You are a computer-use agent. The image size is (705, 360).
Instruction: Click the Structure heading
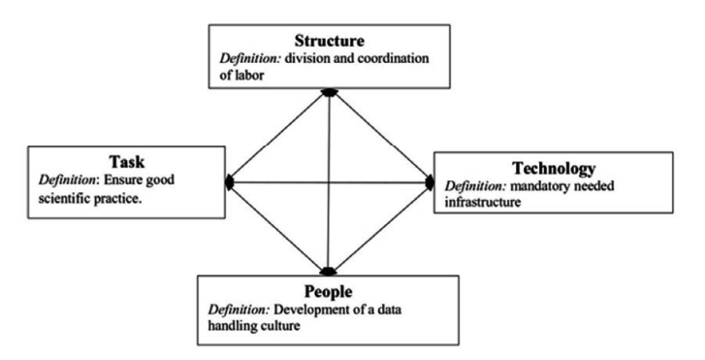click(x=330, y=41)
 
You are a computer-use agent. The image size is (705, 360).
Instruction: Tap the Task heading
click(x=127, y=161)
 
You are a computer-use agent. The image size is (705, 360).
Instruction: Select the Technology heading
click(x=554, y=168)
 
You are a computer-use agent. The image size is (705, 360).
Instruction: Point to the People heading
click(x=328, y=292)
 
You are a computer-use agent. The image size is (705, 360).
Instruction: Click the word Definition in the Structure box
click(x=250, y=58)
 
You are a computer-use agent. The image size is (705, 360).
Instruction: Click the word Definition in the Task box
click(x=68, y=180)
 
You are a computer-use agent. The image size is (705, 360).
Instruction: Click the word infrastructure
click(x=483, y=202)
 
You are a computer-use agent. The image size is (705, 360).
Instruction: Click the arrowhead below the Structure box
click(x=330, y=92)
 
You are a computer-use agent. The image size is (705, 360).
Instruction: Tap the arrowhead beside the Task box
click(x=230, y=182)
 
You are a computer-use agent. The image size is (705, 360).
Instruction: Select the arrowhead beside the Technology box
click(x=430, y=182)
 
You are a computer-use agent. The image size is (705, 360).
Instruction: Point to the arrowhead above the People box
click(x=328, y=272)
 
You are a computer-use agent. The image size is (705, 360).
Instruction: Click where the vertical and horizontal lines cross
click(x=329, y=182)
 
